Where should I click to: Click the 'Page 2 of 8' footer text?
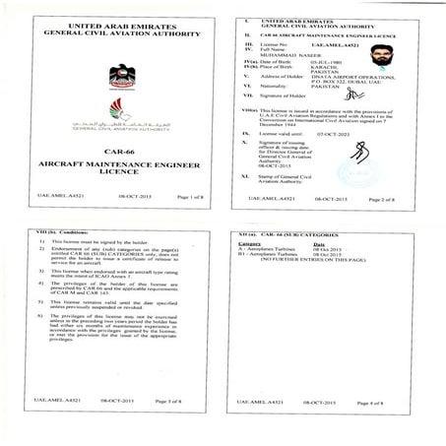point(384,199)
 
